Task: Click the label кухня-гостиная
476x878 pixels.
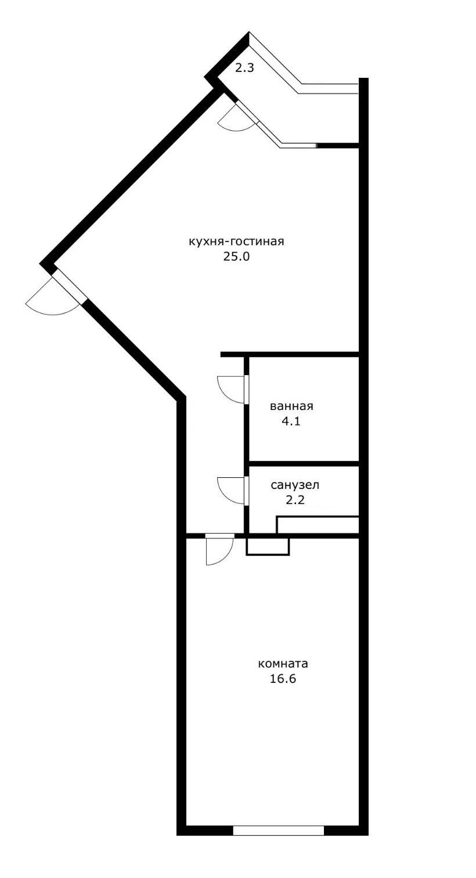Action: point(236,242)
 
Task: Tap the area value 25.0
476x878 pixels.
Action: point(236,257)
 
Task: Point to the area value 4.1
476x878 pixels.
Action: point(291,421)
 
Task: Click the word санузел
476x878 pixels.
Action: point(295,485)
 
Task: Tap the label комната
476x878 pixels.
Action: point(283,664)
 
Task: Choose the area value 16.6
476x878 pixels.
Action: point(283,679)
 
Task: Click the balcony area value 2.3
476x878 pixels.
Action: point(244,68)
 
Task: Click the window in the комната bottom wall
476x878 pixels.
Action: point(278,830)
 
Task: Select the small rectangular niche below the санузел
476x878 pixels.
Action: point(268,546)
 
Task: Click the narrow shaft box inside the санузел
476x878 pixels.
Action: point(318,524)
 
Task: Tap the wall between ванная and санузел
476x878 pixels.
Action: point(303,463)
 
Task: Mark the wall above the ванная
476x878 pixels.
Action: point(290,354)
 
